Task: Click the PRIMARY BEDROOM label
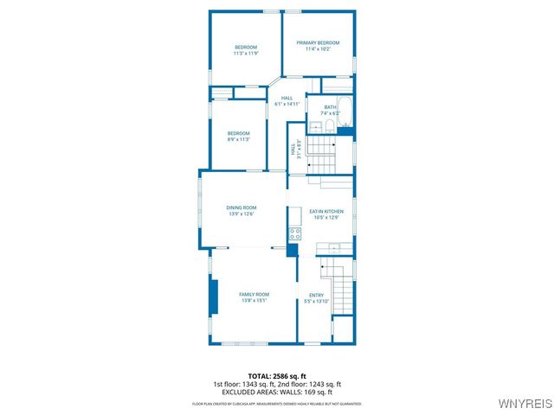[x=318, y=43]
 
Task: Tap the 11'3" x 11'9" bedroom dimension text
[x=246, y=54]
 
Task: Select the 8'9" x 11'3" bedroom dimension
[x=239, y=139]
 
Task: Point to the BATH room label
[x=330, y=107]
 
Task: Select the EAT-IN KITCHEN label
[x=327, y=212]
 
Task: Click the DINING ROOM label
[x=242, y=207]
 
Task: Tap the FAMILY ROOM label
[x=254, y=295]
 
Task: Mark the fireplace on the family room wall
[x=213, y=297]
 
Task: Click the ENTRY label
[x=316, y=295]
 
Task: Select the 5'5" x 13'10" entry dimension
[x=316, y=301]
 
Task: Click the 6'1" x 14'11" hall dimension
[x=287, y=104]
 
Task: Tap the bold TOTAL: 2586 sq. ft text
[x=277, y=376]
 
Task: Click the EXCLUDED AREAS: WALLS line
[x=277, y=392]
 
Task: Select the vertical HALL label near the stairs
[x=293, y=149]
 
